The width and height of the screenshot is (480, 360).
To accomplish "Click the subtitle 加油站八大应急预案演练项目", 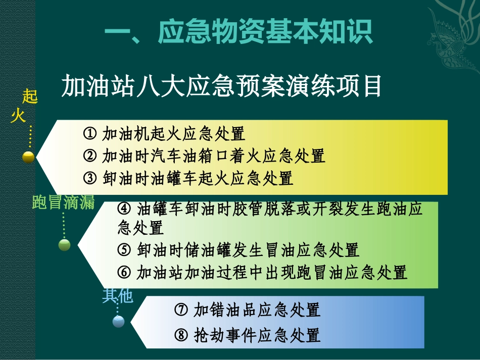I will click(221, 86).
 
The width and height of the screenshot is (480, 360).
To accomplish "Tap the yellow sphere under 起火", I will click(28, 157).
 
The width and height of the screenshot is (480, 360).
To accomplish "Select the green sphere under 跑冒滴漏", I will click(64, 245).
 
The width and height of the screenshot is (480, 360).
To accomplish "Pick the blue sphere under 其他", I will click(118, 322).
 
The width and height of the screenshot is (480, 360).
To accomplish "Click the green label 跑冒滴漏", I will click(63, 203).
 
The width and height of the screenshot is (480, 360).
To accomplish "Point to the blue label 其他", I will click(117, 296).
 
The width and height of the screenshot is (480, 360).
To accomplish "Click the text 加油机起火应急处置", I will click(173, 134).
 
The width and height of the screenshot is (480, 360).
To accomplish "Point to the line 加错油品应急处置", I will click(257, 310).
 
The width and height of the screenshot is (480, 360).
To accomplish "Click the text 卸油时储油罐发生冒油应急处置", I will click(248, 250).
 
